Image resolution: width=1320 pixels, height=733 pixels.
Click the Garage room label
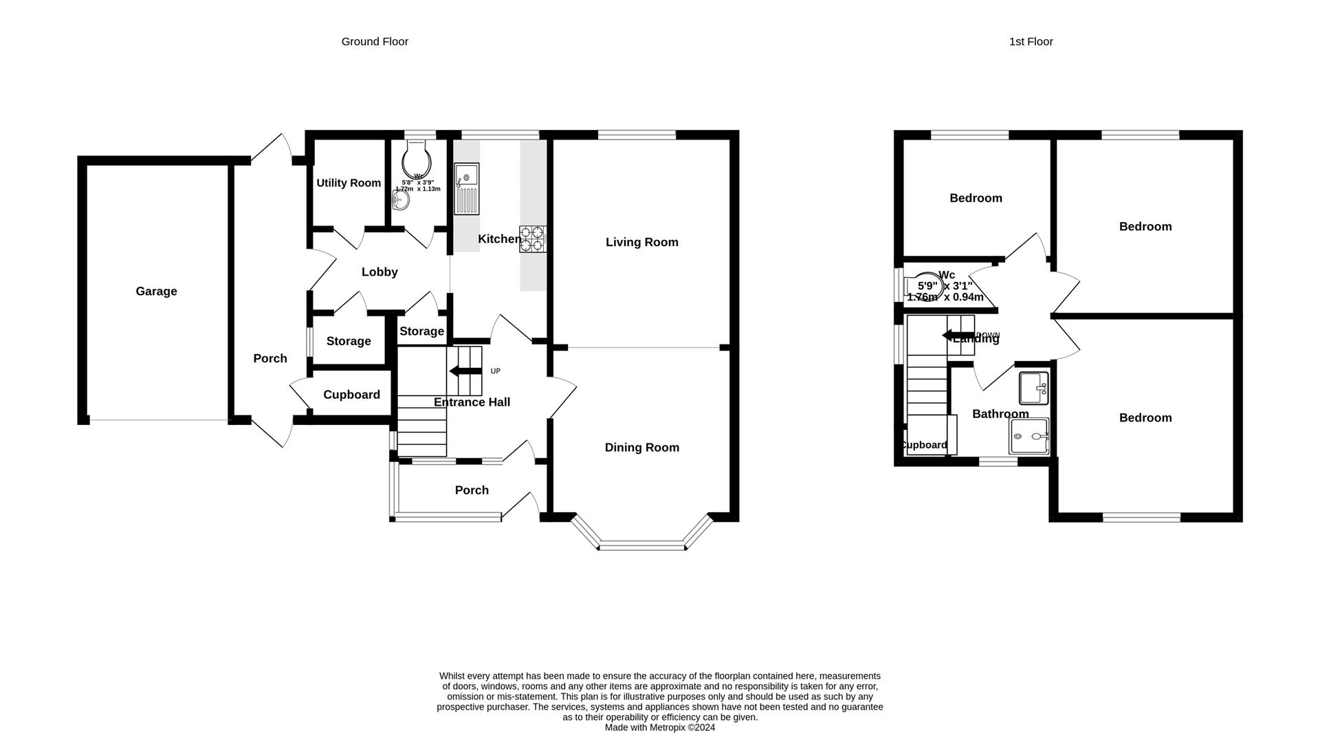point(156,292)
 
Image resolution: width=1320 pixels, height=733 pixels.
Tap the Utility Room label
point(349,183)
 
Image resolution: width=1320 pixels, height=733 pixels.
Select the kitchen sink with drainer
point(467,189)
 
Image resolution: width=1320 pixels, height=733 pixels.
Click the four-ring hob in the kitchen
point(532,239)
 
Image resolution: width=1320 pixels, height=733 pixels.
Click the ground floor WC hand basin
point(400,201)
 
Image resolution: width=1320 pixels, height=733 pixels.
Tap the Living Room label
point(641,242)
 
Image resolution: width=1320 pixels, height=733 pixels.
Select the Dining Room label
point(641,448)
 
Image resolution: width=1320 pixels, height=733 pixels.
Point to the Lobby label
point(379,272)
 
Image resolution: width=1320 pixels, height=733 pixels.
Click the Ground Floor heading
point(375,42)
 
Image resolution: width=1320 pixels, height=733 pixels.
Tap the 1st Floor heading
point(1031,42)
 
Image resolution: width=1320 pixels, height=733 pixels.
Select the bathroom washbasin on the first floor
point(1033,389)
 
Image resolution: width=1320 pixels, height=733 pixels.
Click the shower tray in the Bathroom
point(1029,437)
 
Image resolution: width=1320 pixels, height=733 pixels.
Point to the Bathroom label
point(1000,414)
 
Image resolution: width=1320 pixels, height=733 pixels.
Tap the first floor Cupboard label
point(924,445)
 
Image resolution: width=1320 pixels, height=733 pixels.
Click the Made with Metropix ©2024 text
point(659,727)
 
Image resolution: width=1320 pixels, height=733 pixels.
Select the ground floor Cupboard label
point(351,395)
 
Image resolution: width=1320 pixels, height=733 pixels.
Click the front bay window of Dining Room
point(642,547)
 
